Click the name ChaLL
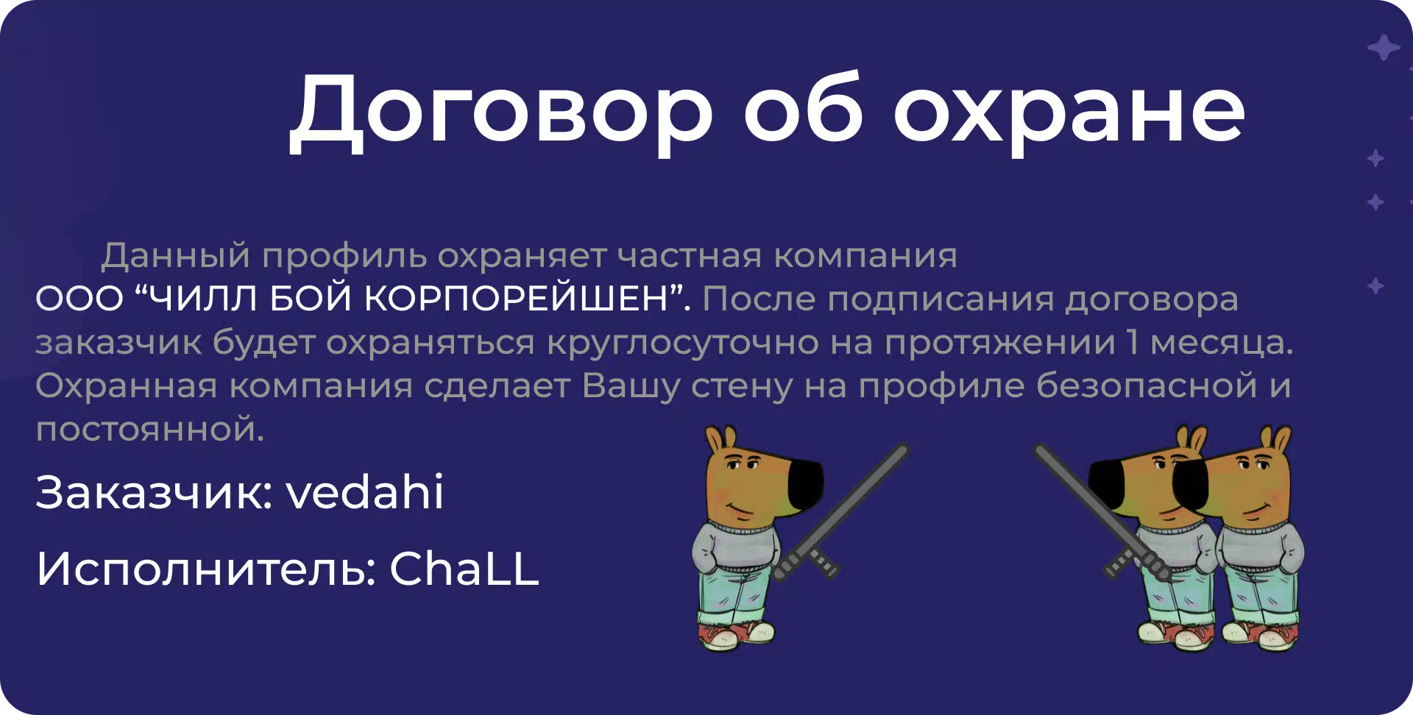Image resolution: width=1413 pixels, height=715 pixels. coord(464,569)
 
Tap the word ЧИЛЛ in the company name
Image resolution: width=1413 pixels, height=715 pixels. coord(196,299)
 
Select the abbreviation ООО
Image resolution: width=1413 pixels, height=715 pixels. coord(79,299)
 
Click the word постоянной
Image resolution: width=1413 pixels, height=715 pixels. coord(150,430)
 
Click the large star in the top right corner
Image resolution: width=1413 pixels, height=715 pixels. coord(1384,48)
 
